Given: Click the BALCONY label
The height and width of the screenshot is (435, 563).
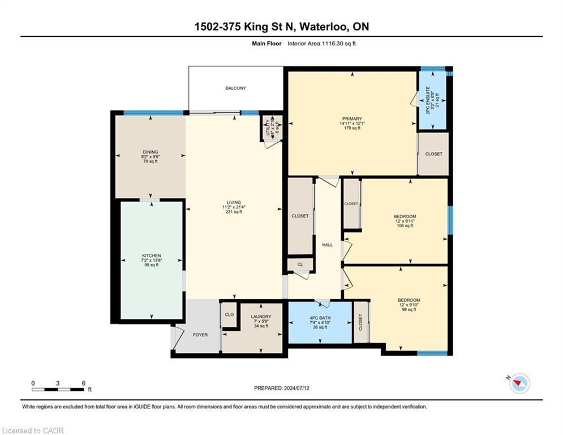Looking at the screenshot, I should click(235, 88).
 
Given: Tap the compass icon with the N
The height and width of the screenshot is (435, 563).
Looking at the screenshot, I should click(519, 384).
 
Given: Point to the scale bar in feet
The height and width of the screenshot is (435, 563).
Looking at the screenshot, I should click(58, 389).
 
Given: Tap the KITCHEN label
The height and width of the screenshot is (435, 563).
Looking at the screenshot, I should click(151, 260).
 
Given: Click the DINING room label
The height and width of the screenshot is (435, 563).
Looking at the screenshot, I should click(150, 156).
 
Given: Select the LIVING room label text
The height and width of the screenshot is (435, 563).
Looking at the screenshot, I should click(233, 207).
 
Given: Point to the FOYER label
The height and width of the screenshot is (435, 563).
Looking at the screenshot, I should click(200, 335).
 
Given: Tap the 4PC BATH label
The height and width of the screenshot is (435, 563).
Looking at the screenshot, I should click(320, 322).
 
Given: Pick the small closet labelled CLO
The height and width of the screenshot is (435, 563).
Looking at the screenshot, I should click(229, 315).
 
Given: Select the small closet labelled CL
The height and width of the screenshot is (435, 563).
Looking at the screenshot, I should click(300, 265).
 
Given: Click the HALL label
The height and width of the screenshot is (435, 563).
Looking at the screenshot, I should click(327, 245).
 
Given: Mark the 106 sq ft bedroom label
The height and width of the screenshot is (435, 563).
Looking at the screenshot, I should click(405, 221).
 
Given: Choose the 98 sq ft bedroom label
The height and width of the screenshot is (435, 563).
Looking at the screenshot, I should click(408, 304).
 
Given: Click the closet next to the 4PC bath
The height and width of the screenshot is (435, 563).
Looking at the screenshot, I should click(360, 322).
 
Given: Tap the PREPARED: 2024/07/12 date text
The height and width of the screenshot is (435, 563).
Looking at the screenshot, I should click(281, 388).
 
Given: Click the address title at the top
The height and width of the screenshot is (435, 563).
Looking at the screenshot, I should click(281, 27).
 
